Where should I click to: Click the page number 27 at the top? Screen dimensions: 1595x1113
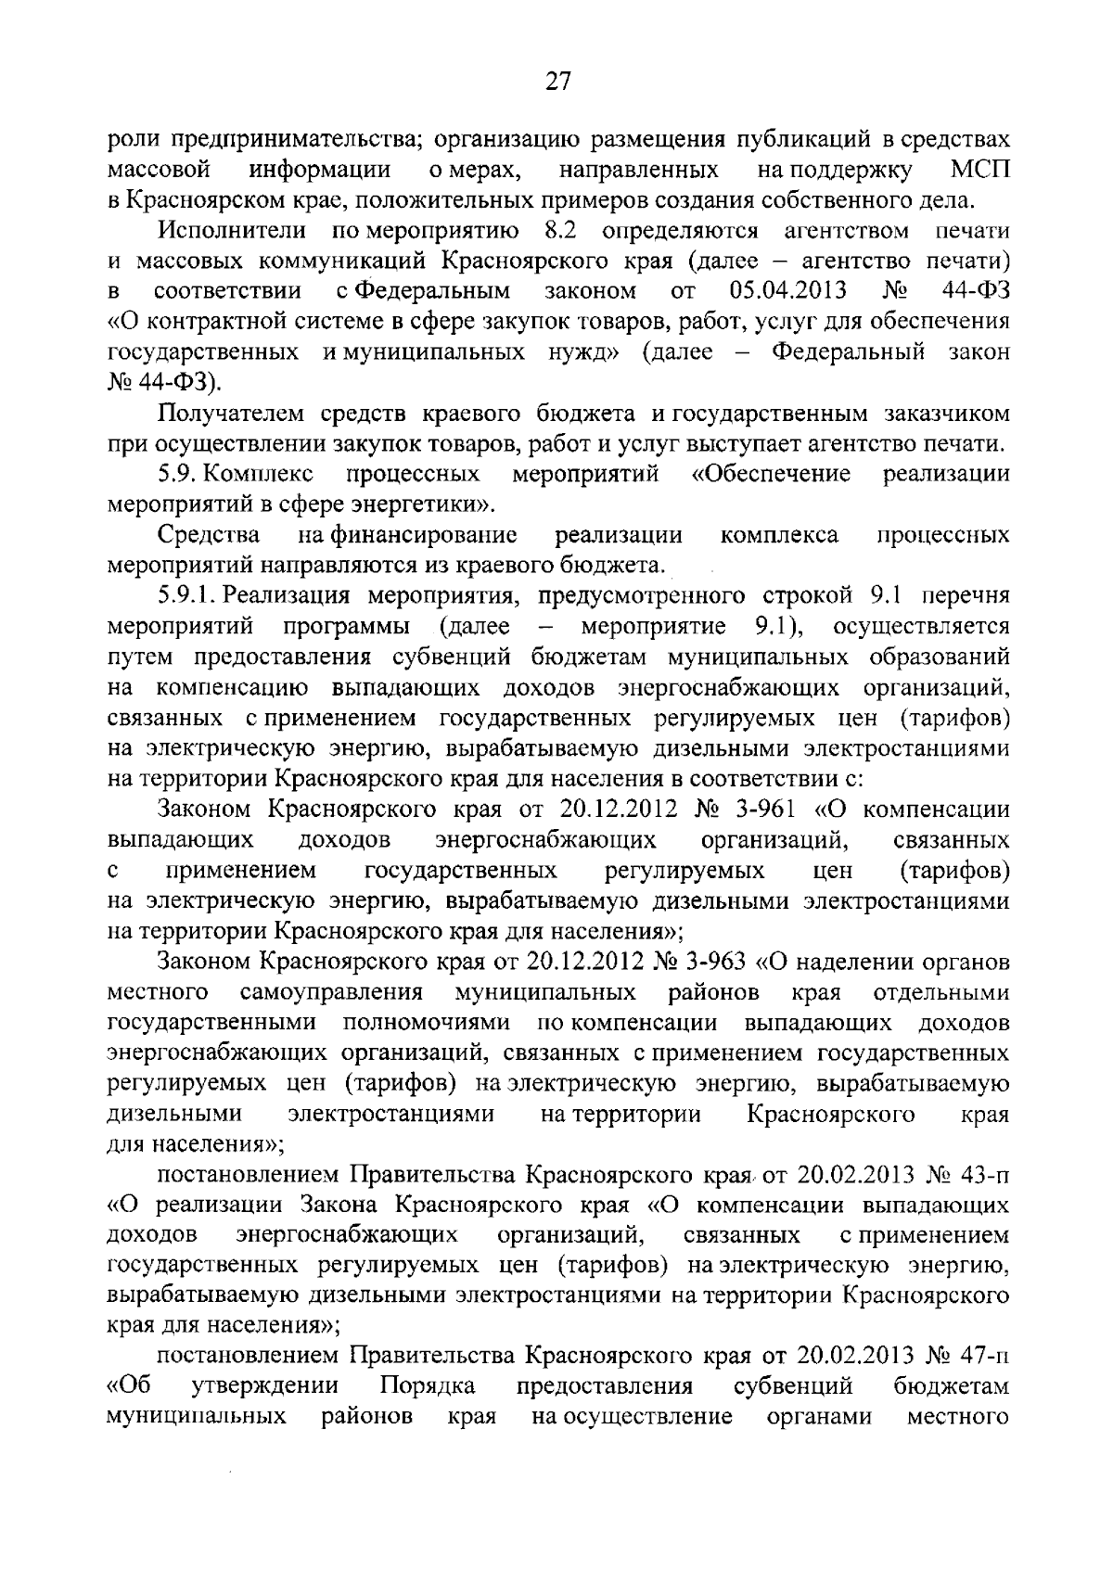tap(556, 82)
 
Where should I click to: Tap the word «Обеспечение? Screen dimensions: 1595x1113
tap(771, 474)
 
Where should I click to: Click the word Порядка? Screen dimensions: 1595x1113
tap(428, 1387)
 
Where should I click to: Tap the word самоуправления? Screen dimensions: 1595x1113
tap(331, 992)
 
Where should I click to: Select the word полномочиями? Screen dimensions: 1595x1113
tap(427, 1023)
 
